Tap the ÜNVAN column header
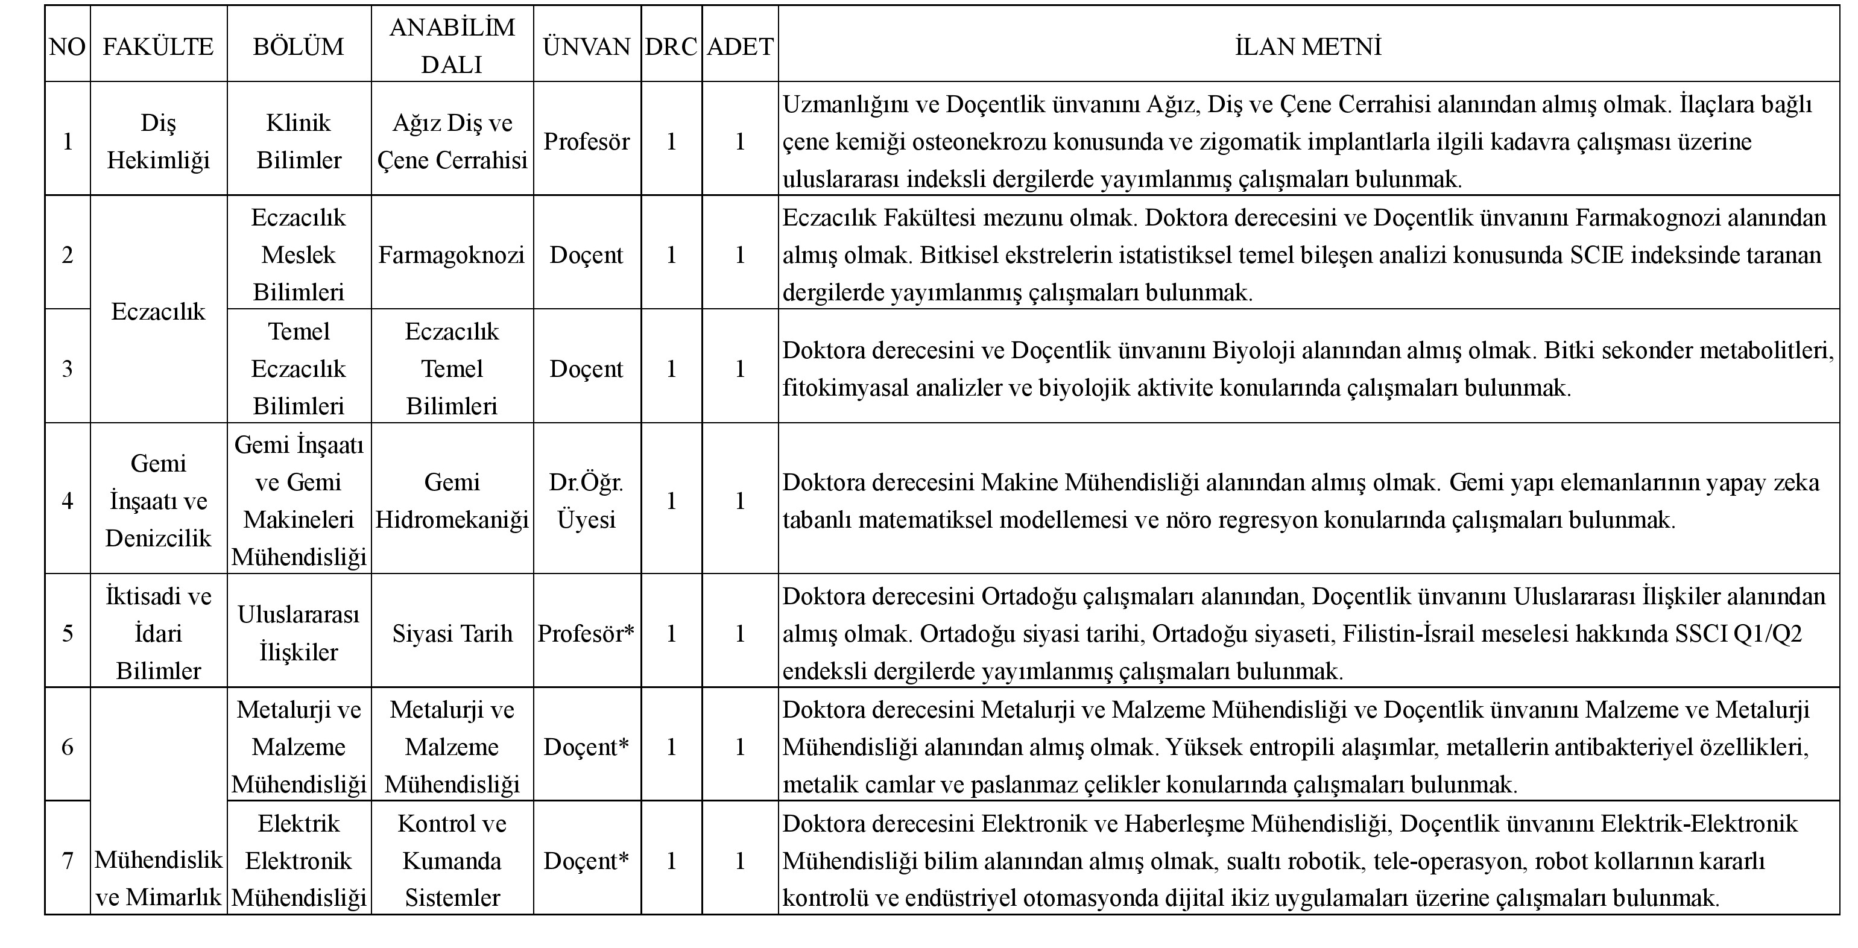586,46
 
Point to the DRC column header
671,46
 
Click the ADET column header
740,46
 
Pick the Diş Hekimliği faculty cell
158,141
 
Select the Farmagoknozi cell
452,254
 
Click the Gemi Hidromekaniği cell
452,501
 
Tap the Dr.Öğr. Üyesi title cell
586,501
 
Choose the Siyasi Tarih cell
452,633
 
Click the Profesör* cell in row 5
586,633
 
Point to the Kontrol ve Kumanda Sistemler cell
452,860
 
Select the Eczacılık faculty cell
158,312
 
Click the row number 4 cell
67,501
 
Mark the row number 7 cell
67,860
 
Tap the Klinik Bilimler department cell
299,141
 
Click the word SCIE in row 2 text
1600,254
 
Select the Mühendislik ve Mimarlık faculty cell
158,878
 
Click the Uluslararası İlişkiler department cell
299,633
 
